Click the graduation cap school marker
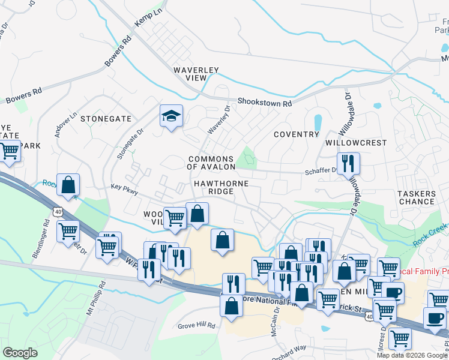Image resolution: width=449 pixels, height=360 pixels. (171, 116)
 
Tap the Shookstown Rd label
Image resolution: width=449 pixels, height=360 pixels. (264, 103)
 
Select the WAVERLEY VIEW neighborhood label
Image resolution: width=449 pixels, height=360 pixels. (196, 74)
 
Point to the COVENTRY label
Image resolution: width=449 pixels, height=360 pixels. (297, 134)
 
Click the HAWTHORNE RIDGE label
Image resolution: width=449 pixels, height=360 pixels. (220, 186)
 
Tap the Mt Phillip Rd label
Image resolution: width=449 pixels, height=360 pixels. (94, 299)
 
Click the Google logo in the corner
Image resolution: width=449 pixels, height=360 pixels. (20, 353)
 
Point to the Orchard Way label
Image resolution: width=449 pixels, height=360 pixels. (288, 347)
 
